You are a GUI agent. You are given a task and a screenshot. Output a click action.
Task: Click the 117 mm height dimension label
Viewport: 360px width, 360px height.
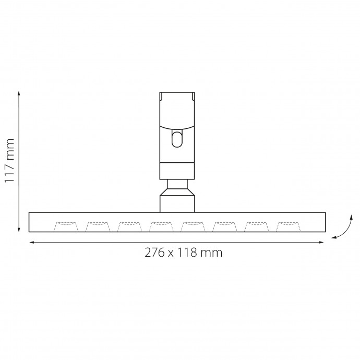coord(9,161)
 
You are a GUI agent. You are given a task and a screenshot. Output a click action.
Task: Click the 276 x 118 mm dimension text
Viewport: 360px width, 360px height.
coord(184,253)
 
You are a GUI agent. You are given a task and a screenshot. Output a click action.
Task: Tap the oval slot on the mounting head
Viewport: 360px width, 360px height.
coord(177,139)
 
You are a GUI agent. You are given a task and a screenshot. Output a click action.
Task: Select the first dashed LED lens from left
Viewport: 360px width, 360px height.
coord(66,226)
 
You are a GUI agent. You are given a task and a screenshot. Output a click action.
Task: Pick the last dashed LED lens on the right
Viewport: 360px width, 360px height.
coord(289,226)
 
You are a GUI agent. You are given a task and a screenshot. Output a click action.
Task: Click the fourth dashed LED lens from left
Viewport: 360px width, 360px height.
coord(161,226)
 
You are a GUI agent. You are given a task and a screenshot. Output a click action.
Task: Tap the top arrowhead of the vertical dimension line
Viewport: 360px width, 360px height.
coord(19,93)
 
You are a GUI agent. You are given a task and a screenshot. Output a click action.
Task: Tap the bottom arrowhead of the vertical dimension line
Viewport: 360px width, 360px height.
coord(19,230)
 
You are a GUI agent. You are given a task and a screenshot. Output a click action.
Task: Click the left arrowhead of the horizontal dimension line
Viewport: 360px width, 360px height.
coord(32,242)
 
